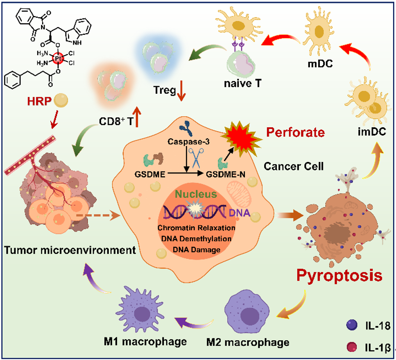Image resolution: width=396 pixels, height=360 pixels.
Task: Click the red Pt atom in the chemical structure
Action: (x=58, y=57)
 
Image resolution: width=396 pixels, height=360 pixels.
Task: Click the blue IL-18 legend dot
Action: (x=351, y=326)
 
